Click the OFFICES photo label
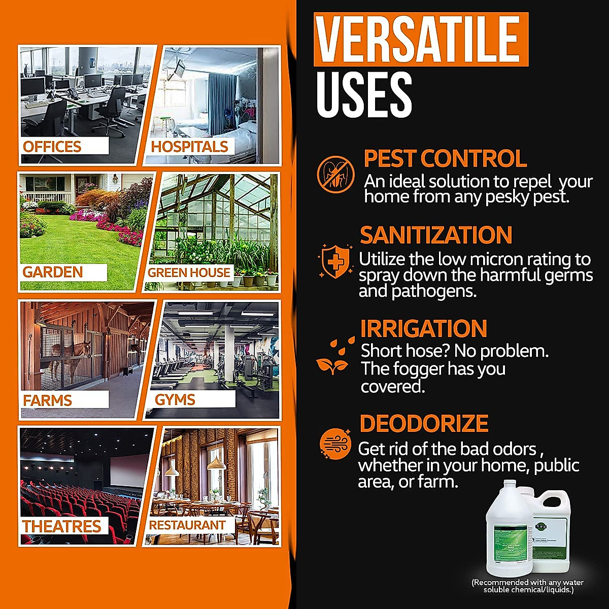coord(52,147)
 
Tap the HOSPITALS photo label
coord(190,147)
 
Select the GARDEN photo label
coord(53,272)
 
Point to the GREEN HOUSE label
coord(189,273)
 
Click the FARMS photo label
coord(48,400)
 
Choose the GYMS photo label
coord(175,399)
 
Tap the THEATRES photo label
coord(62,526)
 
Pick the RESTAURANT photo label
coord(187,525)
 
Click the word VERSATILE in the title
coord(421,40)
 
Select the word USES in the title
coord(363,95)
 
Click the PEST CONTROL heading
coord(445,158)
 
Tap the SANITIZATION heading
coord(436,235)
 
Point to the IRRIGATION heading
coord(423,328)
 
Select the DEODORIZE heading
coord(424,423)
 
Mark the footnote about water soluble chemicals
coord(528,586)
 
